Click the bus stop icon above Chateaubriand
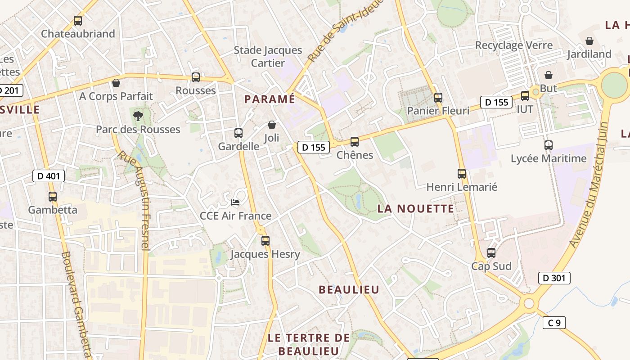click(x=78, y=21)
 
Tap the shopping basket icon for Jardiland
click(x=589, y=41)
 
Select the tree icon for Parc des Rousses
click(x=138, y=117)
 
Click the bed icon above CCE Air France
click(x=235, y=202)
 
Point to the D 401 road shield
click(x=49, y=176)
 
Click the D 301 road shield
click(x=554, y=278)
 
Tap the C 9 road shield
click(x=554, y=323)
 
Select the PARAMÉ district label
click(x=270, y=99)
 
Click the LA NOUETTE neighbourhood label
click(x=416, y=208)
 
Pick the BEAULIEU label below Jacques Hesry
click(x=349, y=289)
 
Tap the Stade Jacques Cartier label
click(x=268, y=56)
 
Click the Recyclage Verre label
click(x=514, y=45)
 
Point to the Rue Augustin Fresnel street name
click(x=134, y=200)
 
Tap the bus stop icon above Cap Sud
click(x=491, y=253)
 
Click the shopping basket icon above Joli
click(x=272, y=125)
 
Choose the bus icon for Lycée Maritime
click(x=548, y=145)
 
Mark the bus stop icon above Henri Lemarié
click(x=462, y=174)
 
